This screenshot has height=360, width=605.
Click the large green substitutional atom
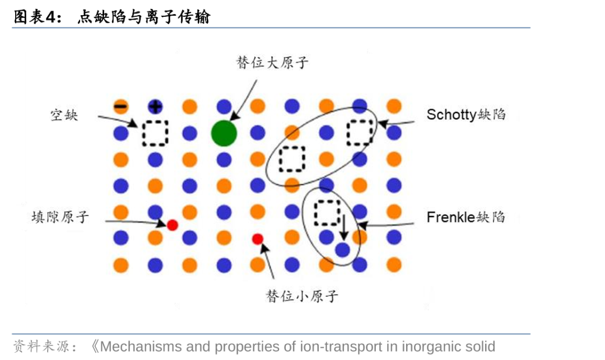224,133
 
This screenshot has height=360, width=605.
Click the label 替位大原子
272,62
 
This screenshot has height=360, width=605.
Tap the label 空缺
64,115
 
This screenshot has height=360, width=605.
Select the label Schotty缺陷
466,115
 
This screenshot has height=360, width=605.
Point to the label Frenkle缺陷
466,217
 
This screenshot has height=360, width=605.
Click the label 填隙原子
60,217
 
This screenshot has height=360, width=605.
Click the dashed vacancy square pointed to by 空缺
155,133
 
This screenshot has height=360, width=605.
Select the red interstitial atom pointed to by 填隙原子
173,225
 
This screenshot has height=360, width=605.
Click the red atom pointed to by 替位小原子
258,239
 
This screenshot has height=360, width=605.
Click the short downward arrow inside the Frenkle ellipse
343,227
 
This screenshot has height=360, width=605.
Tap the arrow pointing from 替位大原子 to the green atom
243,101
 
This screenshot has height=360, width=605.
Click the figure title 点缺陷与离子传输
143,17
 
